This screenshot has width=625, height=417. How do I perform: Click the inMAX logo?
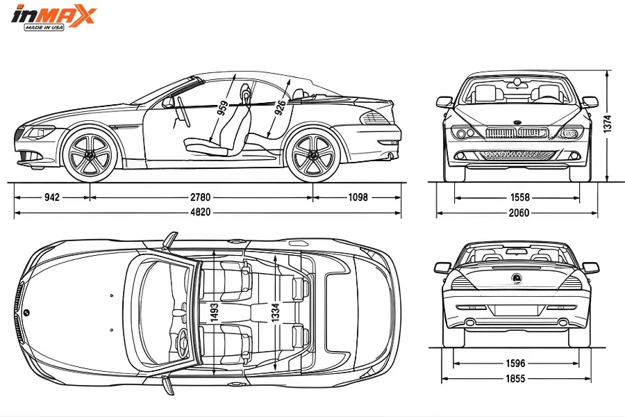53,17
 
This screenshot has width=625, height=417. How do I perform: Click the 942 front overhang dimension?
52,197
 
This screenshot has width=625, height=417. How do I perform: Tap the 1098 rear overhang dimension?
357,197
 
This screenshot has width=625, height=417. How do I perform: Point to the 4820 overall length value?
201,212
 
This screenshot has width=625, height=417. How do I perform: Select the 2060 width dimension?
518,213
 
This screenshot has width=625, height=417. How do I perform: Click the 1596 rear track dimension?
515,362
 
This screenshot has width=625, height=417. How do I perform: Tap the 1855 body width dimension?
515,379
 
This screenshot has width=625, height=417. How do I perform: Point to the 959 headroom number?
222,108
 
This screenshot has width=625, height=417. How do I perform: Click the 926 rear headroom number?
279,108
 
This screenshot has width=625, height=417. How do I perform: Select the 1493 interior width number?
214,314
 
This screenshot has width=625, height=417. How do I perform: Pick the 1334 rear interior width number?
275,314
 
